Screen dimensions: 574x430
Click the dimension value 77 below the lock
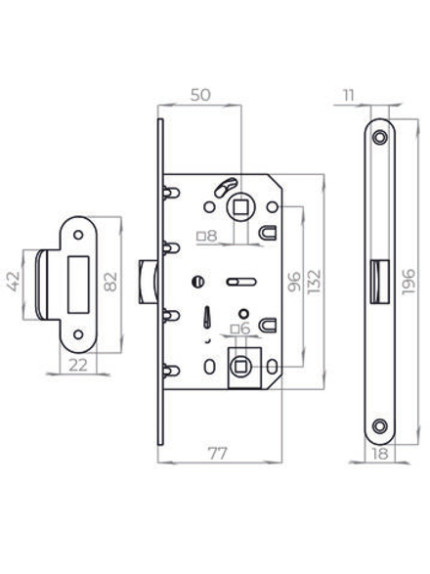tap(219, 453)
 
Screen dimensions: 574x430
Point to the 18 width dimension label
tap(379, 455)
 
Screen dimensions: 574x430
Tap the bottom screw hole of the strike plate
tap(77, 332)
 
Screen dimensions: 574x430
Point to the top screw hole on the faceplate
tap(379, 132)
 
